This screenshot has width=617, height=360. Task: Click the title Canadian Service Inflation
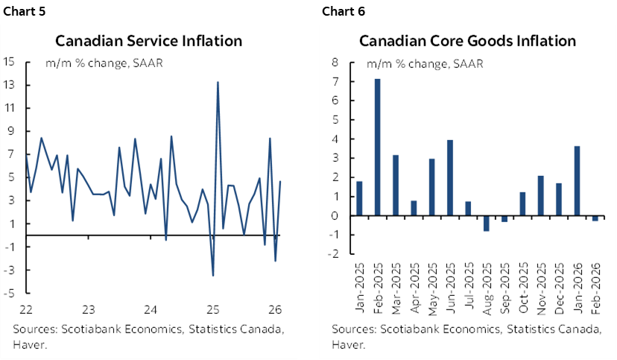point(148,40)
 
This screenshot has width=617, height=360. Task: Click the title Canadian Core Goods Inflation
point(467,40)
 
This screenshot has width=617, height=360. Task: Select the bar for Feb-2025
point(378,147)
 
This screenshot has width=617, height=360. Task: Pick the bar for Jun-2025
point(450,177)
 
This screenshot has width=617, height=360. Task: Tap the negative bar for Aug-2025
point(486,223)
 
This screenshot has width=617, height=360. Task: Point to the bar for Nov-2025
point(540,195)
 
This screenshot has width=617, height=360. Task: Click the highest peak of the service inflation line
point(217,83)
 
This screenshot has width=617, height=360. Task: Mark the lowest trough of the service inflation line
point(213,275)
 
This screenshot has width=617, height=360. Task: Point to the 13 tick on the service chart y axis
point(10,84)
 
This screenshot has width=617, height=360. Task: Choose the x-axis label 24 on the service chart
point(150,309)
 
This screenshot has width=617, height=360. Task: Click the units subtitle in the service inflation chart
point(104,62)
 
